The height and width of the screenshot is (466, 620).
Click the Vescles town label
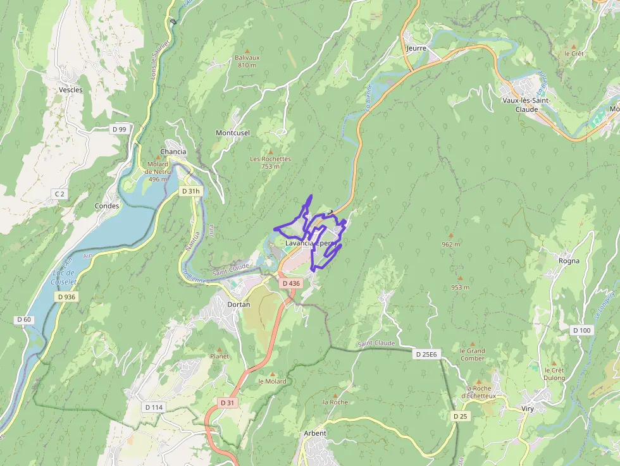tap(71, 90)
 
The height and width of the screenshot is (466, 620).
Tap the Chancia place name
tap(173, 152)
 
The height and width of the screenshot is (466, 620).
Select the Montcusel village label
tap(233, 133)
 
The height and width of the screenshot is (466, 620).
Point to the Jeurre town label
tap(416, 48)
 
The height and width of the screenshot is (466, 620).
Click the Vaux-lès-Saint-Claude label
tap(526, 105)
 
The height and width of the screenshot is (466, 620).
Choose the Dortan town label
tap(239, 304)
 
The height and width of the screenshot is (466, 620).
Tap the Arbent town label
tap(315, 433)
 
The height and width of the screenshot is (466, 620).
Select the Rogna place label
tap(569, 261)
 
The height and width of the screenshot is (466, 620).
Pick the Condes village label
tap(107, 206)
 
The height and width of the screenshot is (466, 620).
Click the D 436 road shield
tap(290, 283)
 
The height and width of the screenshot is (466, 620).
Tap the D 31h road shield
tap(190, 191)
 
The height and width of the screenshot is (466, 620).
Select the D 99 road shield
tap(119, 129)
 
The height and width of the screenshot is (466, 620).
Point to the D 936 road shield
tap(66, 297)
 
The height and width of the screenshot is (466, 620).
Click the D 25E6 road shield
tap(426, 354)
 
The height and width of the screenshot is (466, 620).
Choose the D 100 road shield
tap(581, 330)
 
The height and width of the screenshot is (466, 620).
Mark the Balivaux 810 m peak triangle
tap(247, 51)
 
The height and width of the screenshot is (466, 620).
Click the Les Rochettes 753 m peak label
tap(270, 162)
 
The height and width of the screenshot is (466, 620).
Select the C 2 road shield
tap(59, 193)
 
